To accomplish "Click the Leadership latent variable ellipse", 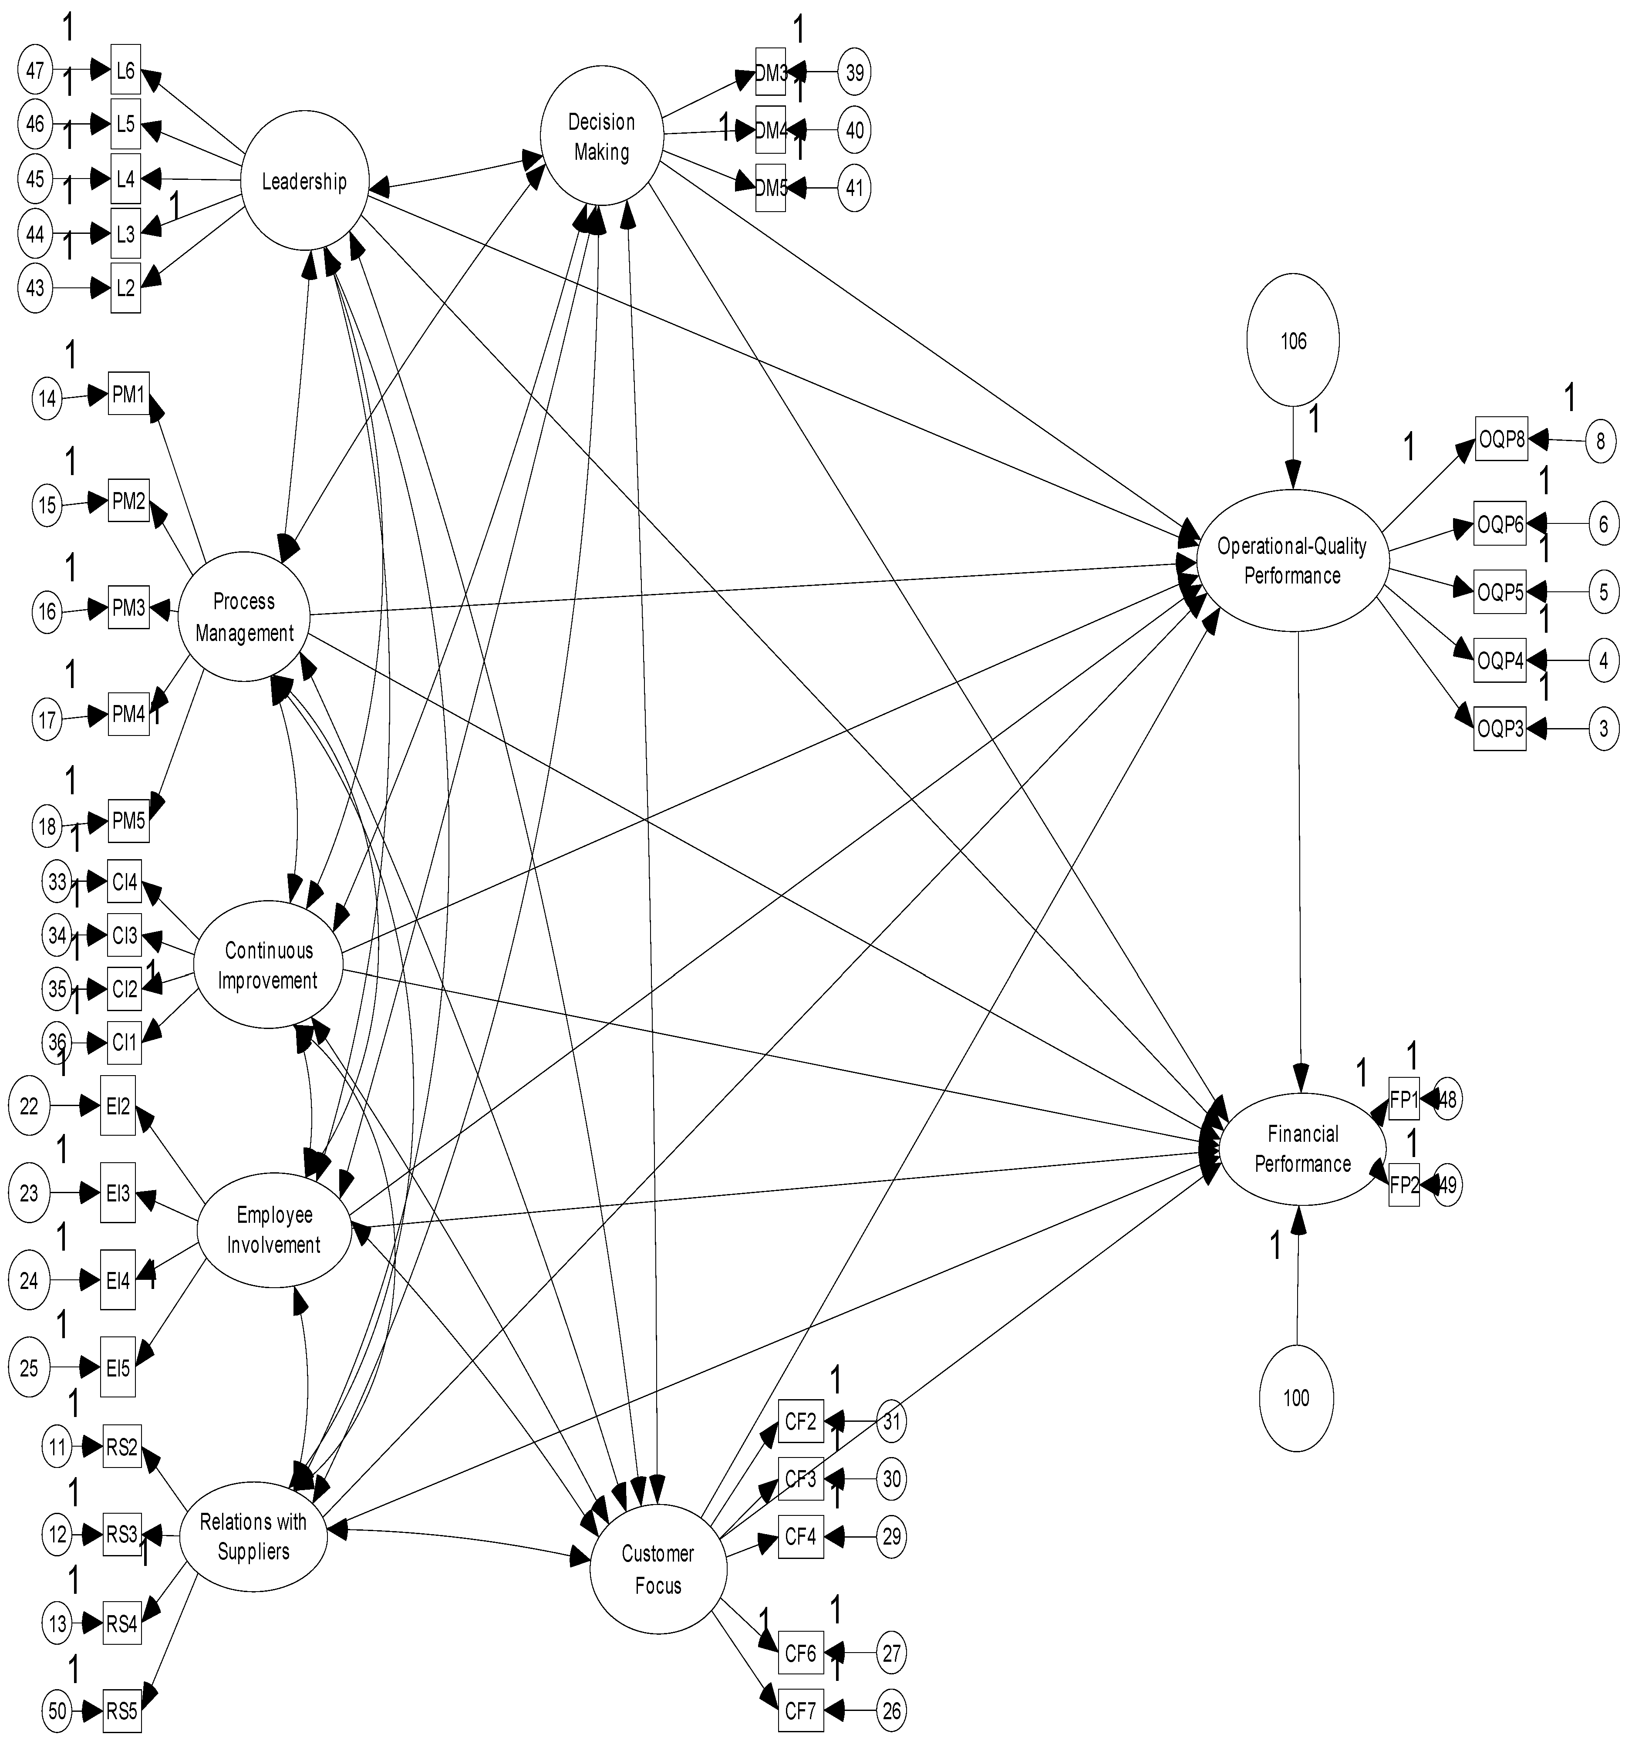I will coord(304,182).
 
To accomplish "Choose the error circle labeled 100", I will coord(1295,1398).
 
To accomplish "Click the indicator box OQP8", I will coord(1501,439).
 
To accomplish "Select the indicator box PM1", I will coord(128,395).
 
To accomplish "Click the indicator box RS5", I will coord(121,1711).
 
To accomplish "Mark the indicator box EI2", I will coord(118,1105).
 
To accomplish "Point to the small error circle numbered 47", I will coord(34,71).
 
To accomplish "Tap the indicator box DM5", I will coord(771,188).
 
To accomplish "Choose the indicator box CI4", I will coord(124,882).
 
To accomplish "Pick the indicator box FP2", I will coord(1404,1184).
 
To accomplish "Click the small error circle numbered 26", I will coord(891,1711).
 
